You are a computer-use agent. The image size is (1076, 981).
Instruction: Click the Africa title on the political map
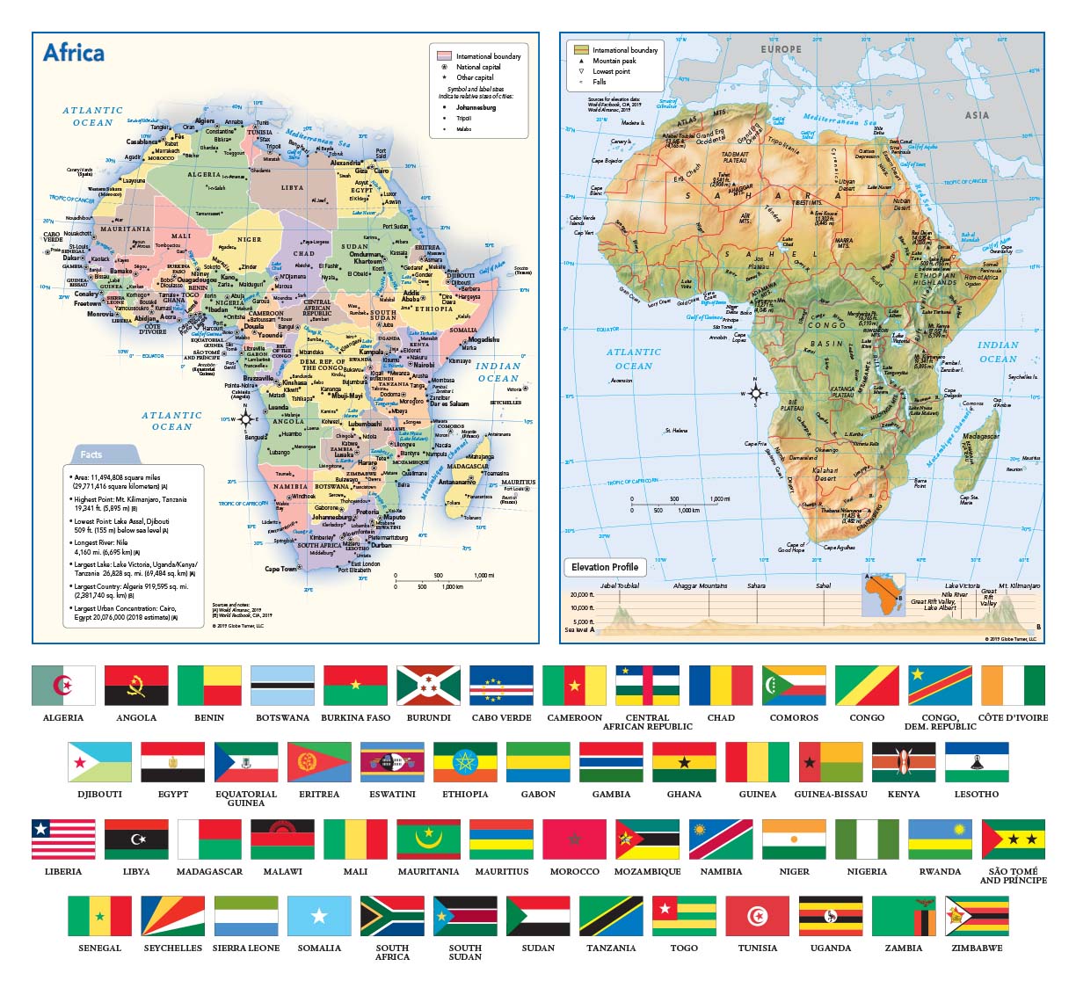click(x=74, y=54)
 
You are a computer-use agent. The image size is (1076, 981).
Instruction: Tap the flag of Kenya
click(x=904, y=762)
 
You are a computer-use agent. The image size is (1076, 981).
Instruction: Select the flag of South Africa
click(x=392, y=916)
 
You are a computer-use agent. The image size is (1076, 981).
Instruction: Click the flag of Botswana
click(x=282, y=686)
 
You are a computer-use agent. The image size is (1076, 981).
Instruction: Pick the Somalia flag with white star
click(x=319, y=916)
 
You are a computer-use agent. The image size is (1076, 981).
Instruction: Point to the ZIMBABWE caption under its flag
click(x=977, y=948)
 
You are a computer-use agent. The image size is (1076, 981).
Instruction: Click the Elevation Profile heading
click(x=605, y=567)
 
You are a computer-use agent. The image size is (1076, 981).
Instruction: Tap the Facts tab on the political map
click(x=91, y=454)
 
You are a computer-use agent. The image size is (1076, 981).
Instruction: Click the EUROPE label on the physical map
click(x=781, y=50)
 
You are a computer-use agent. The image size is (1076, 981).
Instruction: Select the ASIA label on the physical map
click(x=977, y=115)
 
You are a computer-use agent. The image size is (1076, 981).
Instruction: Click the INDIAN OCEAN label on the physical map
click(x=998, y=352)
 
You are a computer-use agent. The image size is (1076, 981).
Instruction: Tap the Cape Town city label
click(x=281, y=569)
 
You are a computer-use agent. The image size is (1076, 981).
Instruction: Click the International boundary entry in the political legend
click(x=488, y=56)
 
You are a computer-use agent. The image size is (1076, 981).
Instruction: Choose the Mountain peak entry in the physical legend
click(x=614, y=61)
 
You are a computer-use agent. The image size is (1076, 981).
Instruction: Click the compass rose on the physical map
click(x=754, y=393)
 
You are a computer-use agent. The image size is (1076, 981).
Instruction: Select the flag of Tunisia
click(x=757, y=916)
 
